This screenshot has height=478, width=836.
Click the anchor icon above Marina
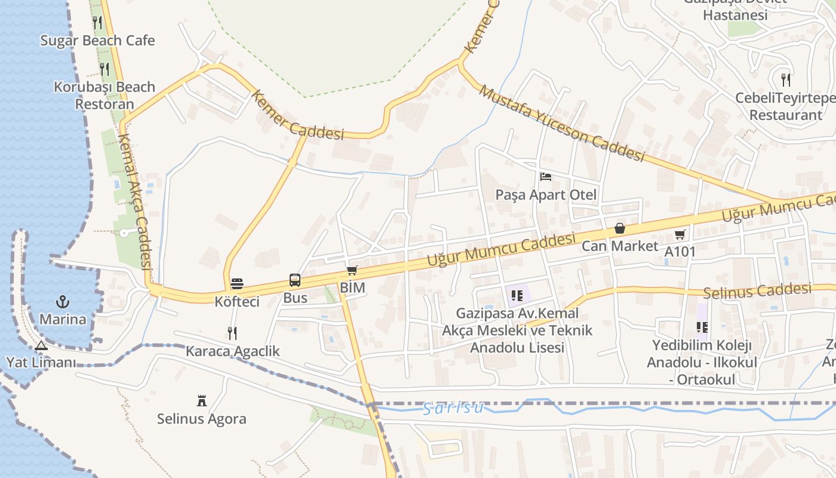[x=63, y=302]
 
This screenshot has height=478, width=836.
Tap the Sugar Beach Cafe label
[x=97, y=41]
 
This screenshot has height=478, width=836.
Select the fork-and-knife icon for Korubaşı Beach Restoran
[x=105, y=69]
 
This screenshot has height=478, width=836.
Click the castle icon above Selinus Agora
[x=201, y=400]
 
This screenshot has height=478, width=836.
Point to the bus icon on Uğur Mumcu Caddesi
[x=295, y=280]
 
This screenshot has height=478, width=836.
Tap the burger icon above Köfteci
[x=237, y=283]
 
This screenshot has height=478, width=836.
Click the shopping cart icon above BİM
[x=352, y=271]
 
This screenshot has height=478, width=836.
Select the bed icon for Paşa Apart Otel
[x=545, y=177]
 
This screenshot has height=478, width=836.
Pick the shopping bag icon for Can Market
[x=620, y=229]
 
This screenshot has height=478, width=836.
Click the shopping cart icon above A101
[x=680, y=235]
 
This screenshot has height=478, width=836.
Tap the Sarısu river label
[x=453, y=408]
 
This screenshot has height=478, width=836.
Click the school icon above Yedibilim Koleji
[x=702, y=327]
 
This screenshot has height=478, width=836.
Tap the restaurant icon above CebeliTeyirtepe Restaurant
[x=786, y=79]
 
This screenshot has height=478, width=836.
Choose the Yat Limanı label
[x=41, y=362]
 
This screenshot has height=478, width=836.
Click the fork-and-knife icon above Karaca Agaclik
[x=232, y=333]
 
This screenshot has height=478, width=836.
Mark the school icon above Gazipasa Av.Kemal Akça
[x=517, y=295]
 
